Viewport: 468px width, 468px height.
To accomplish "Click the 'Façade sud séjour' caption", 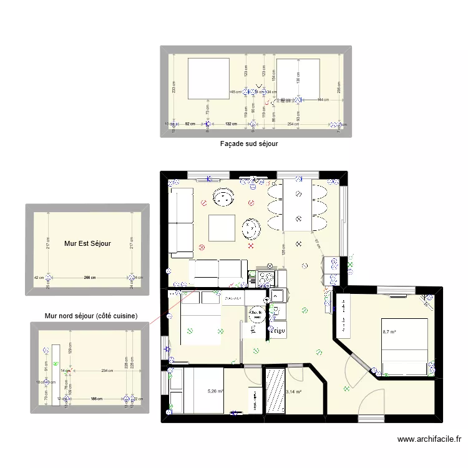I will (x=248, y=144).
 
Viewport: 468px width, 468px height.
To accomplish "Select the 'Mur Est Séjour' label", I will (x=87, y=243).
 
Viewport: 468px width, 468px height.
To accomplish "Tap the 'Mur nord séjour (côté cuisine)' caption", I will (x=91, y=316).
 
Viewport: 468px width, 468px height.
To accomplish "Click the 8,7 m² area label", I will (x=389, y=332).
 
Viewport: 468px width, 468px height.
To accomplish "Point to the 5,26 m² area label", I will (x=216, y=392).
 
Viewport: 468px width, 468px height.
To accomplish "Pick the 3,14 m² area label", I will (x=294, y=392).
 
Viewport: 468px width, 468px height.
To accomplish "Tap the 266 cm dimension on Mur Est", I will (x=90, y=278).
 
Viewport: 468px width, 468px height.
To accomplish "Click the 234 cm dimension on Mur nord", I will (x=107, y=371).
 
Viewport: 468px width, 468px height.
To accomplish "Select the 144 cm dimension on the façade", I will (x=322, y=100).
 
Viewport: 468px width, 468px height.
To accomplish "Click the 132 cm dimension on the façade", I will (x=230, y=124).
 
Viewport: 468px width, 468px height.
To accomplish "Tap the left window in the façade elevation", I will (x=207, y=78).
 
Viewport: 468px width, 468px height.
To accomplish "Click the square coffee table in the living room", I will (x=222, y=228).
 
